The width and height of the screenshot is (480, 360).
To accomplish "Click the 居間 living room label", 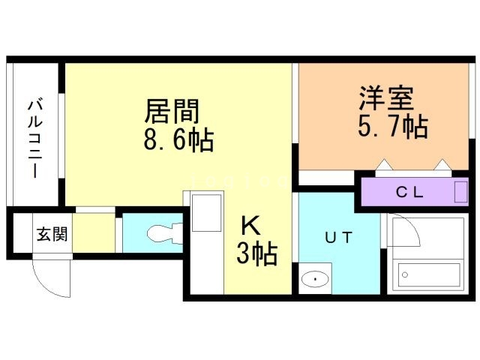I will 172,112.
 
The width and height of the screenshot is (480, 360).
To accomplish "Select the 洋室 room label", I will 386,99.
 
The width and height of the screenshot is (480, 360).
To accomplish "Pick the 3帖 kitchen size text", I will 256,253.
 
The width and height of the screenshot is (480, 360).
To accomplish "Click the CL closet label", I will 409,192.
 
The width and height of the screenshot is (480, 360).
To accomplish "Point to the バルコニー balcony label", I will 35,137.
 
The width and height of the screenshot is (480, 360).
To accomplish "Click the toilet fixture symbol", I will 162,233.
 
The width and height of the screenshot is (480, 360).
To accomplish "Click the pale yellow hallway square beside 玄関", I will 94,233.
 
